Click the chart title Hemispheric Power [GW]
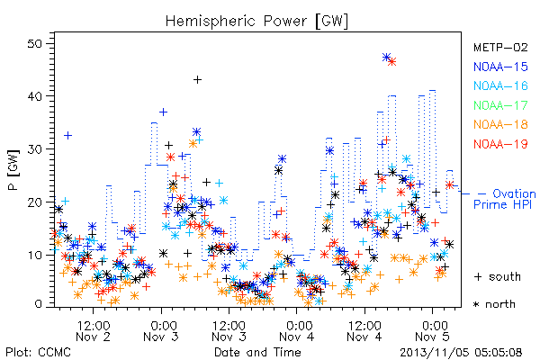256,22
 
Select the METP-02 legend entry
500,47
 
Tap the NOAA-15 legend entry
500,67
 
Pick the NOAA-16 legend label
500,85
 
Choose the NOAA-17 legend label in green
500,105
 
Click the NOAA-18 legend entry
500,124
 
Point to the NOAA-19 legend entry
500,144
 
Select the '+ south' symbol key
498,276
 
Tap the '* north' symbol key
494,304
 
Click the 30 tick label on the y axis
34,149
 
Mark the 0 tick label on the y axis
38,304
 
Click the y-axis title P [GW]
13,170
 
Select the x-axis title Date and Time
257,352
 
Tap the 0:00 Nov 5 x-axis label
433,331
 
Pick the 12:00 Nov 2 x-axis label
93,331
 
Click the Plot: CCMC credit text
38,352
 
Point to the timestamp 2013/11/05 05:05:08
461,352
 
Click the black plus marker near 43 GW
197,80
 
